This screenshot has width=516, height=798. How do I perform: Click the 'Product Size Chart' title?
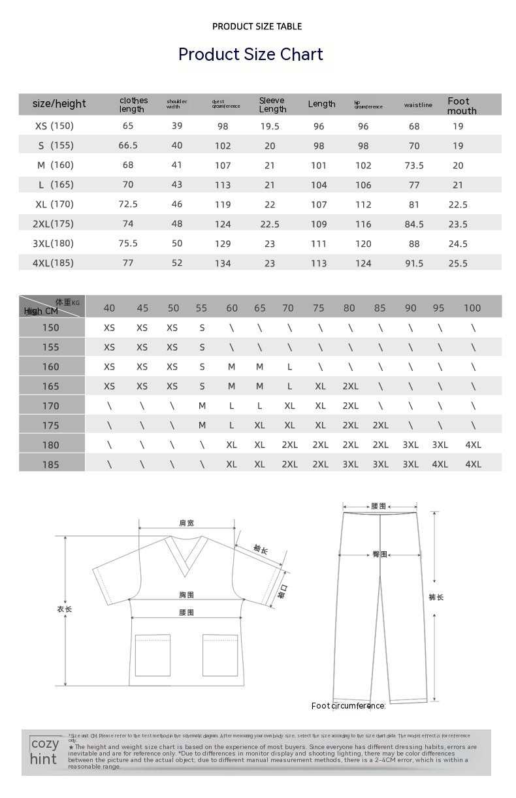(x=251, y=54)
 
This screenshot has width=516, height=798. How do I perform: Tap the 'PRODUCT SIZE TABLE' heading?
(x=257, y=26)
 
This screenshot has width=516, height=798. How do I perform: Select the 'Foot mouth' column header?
(x=462, y=105)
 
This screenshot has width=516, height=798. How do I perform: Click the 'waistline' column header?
(x=418, y=105)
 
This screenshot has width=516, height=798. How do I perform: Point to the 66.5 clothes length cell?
(x=128, y=146)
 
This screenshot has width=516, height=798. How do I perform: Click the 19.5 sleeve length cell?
(x=270, y=127)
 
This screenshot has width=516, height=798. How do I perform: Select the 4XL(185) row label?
(x=53, y=263)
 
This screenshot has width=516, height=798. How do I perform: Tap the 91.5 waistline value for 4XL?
(x=414, y=263)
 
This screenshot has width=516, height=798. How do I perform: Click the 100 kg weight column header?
(x=472, y=308)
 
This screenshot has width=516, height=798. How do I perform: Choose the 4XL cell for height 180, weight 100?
(x=473, y=445)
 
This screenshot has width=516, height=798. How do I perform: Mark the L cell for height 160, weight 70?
(x=289, y=367)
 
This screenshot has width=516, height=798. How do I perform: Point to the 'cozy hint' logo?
(x=44, y=751)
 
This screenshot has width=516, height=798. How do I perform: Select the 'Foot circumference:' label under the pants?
(x=348, y=706)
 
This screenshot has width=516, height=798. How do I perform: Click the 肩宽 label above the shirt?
(x=186, y=523)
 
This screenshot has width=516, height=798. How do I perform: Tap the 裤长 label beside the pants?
(x=436, y=597)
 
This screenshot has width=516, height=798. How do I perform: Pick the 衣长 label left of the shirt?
(x=64, y=609)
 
